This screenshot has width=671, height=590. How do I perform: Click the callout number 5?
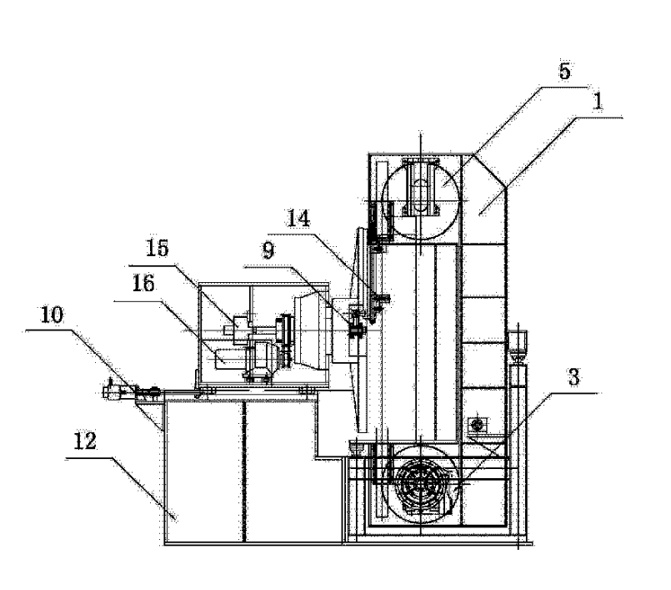click(564, 72)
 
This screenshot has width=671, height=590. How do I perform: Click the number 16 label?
click(143, 285)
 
